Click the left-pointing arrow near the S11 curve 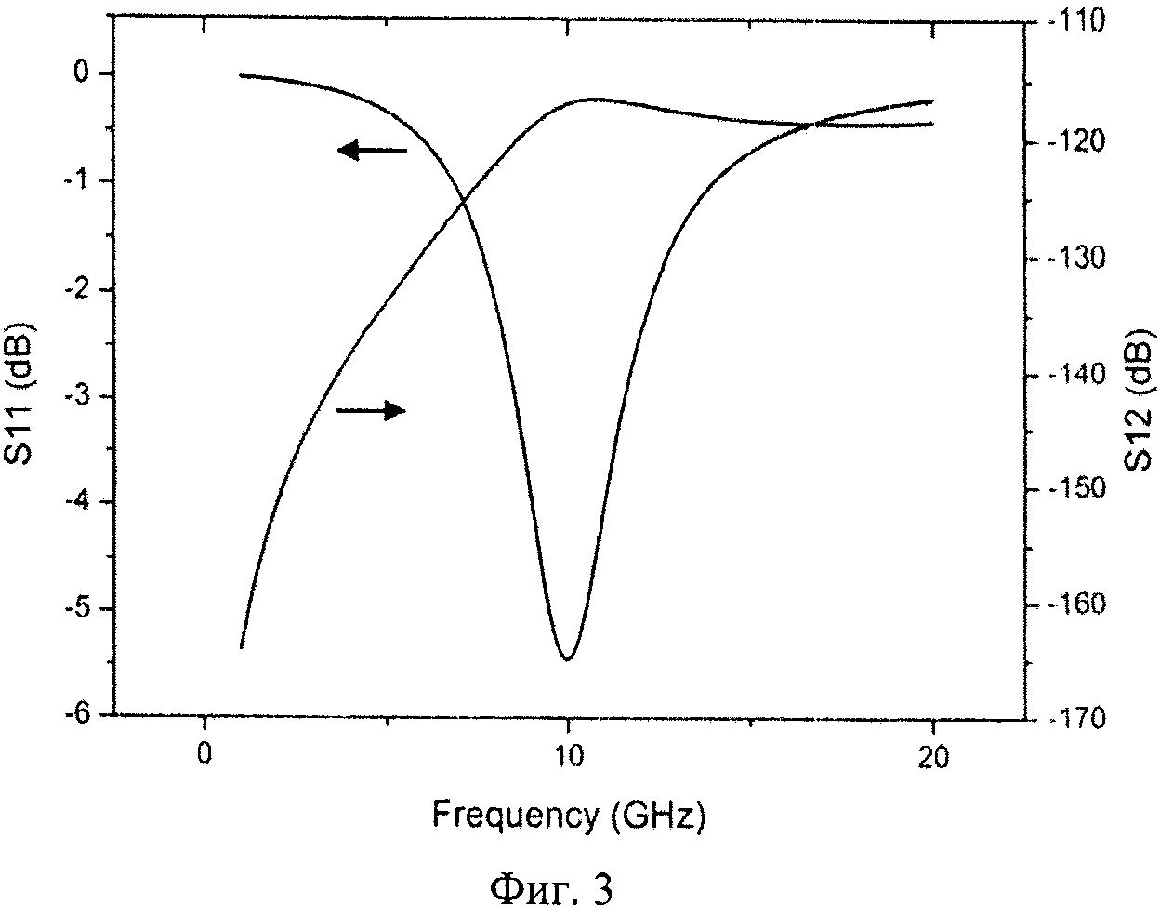click(x=372, y=150)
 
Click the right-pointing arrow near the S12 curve click(x=371, y=410)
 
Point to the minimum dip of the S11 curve click(x=567, y=657)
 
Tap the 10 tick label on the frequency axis click(x=567, y=756)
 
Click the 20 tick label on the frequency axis click(x=932, y=758)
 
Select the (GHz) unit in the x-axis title click(x=658, y=817)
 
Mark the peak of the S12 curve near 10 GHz click(x=587, y=99)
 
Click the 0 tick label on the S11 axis click(x=86, y=73)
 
